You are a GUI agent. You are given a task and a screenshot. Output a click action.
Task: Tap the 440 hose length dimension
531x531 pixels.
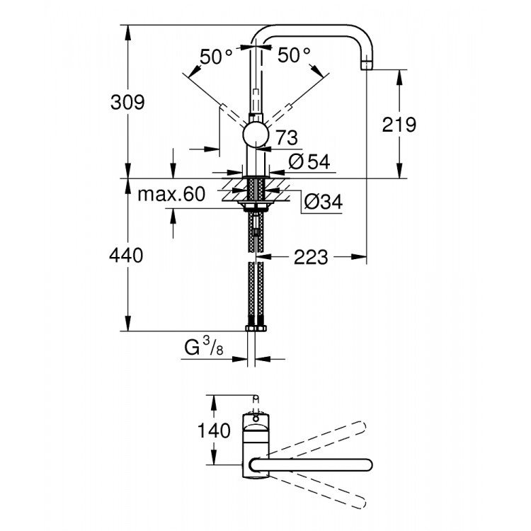127,255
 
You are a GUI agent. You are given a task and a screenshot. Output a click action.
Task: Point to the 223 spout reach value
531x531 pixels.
312,257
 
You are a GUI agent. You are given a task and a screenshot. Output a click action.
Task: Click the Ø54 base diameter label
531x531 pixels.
309,161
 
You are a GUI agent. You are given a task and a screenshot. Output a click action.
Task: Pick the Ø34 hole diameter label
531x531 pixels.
323,202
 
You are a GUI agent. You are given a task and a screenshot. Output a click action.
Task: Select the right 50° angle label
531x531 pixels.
293,55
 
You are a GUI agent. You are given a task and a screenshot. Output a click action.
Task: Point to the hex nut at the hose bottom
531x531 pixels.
256,328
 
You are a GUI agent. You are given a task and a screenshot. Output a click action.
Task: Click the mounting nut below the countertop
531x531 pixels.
256,207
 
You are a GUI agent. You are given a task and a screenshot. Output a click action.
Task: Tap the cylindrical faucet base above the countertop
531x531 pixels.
256,162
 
